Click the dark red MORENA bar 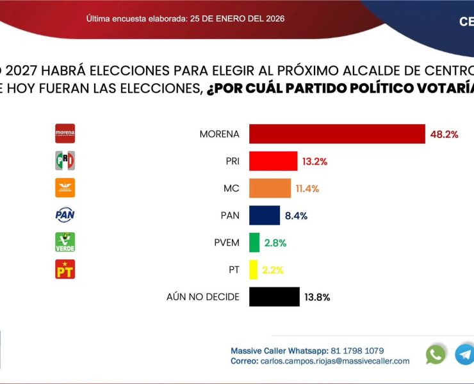(x=337, y=134)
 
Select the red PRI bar (x=273, y=161)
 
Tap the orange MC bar (x=270, y=188)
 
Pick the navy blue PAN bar (x=265, y=215)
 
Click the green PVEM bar (x=254, y=243)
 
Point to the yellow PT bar (x=253, y=269)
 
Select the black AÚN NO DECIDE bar (x=274, y=297)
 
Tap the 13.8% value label (x=318, y=297)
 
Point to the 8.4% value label (x=297, y=216)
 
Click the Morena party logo (x=65, y=133)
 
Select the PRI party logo (x=65, y=161)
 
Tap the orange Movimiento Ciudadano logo (x=65, y=188)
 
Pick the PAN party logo (x=65, y=215)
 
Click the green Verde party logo (x=65, y=242)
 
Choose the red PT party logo (x=65, y=269)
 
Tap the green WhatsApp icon (x=436, y=355)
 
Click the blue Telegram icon (x=464, y=355)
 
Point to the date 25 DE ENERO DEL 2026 (x=237, y=19)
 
